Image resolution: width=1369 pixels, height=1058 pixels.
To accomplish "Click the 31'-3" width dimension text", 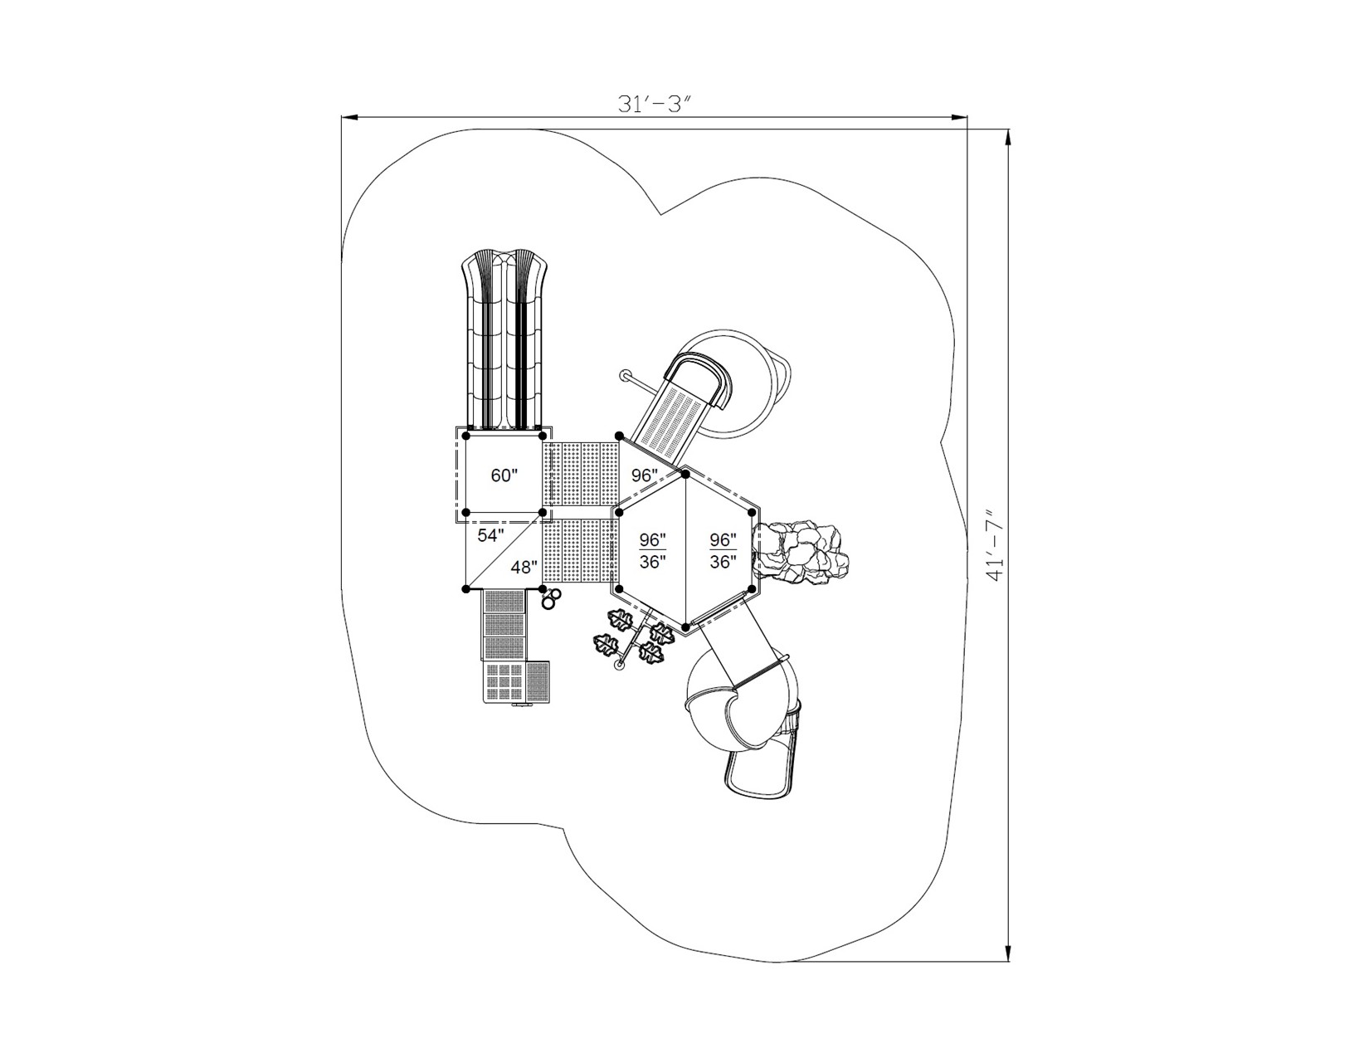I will [654, 104].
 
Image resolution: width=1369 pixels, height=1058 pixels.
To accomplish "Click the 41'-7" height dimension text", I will [995, 545].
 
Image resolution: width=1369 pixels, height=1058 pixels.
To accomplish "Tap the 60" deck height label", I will [504, 475].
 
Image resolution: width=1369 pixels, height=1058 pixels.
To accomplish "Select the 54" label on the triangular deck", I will [490, 535].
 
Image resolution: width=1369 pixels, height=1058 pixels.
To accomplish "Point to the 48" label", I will [524, 568].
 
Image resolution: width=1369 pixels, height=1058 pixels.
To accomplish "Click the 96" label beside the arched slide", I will [644, 475].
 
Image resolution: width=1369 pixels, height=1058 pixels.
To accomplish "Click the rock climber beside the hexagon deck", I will [801, 553].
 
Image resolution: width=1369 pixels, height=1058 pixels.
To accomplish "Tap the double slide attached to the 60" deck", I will [504, 340].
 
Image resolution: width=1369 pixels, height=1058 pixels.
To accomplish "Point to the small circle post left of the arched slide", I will [625, 375].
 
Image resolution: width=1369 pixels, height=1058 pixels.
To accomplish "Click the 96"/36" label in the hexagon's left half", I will [652, 550].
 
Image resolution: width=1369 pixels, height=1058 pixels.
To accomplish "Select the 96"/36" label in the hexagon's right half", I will [723, 550].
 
